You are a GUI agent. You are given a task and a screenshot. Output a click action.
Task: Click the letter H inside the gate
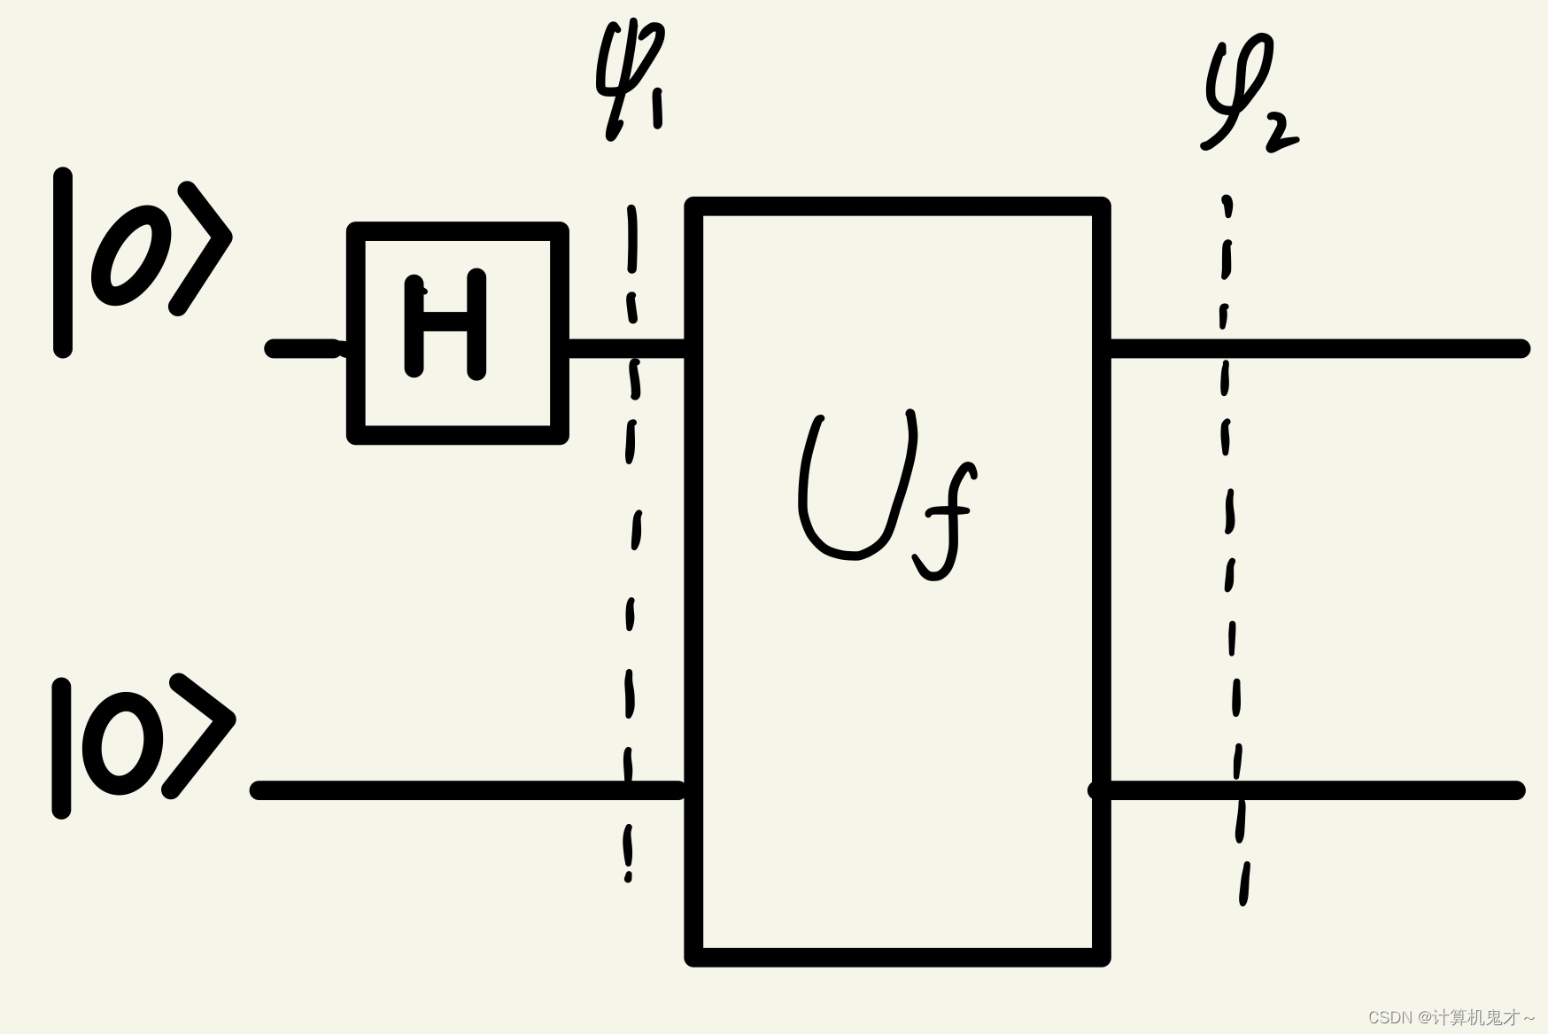[445, 324]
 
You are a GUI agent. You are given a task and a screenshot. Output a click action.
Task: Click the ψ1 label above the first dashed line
[631, 80]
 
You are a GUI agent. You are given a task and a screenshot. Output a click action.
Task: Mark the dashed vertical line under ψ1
[631, 544]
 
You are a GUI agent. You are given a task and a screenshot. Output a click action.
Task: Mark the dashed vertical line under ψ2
[1232, 549]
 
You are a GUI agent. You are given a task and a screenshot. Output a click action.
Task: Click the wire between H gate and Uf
[627, 347]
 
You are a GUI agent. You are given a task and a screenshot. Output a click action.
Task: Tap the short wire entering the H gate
[306, 348]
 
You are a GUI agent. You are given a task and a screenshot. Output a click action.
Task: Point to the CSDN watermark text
[1451, 1017]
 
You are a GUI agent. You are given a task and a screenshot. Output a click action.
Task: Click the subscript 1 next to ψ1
[656, 107]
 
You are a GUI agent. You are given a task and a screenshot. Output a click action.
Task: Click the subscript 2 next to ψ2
[1281, 133]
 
